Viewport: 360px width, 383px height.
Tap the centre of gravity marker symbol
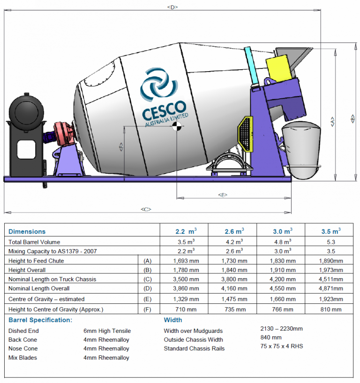coord(177,126)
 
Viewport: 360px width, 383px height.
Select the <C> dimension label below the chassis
coord(146,209)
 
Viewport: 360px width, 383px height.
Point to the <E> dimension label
coord(223,195)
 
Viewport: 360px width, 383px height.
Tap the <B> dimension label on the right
coord(352,120)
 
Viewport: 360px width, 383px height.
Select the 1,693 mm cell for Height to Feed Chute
coord(184,261)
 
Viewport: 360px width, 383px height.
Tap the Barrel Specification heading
coord(40,320)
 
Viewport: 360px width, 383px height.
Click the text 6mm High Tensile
coord(107,331)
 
